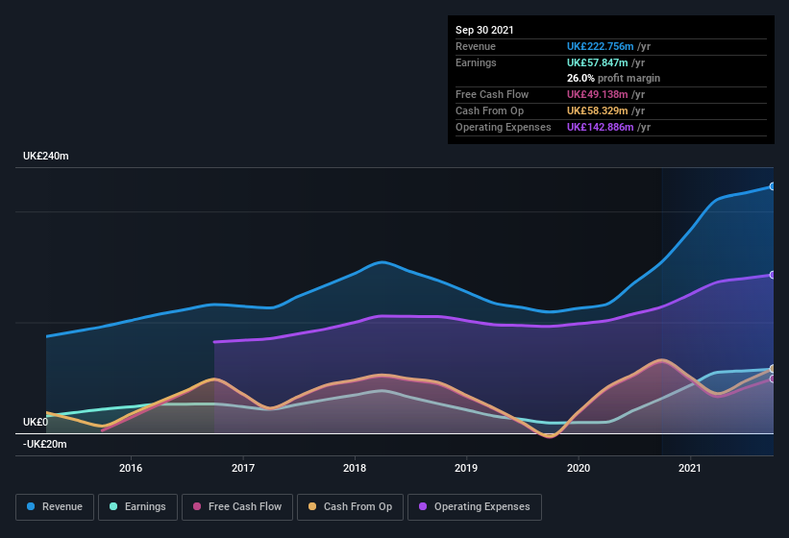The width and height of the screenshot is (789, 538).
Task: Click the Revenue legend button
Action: click(55, 506)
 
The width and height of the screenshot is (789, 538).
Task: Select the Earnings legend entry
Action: click(137, 506)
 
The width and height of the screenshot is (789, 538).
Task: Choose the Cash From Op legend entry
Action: click(350, 506)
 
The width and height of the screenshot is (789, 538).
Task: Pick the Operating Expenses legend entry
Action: click(475, 506)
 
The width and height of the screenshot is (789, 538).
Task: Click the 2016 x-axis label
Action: click(131, 468)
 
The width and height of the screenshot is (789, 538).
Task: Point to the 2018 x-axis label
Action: click(355, 468)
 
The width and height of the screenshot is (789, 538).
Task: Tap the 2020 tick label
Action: click(579, 468)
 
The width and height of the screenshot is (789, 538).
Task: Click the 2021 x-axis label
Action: click(690, 468)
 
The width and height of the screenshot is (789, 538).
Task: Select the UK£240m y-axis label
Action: click(46, 156)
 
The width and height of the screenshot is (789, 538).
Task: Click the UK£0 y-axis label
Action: click(36, 422)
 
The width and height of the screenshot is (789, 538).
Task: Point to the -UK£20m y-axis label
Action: click(45, 444)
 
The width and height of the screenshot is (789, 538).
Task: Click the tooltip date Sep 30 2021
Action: click(484, 30)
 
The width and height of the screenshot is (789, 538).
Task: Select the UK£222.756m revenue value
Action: click(602, 46)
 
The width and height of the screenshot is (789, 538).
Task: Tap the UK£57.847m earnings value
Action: click(599, 62)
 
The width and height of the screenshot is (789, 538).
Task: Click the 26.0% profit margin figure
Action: click(580, 78)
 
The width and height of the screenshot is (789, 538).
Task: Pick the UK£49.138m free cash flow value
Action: click(599, 94)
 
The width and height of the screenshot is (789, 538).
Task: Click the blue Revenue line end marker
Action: click(773, 186)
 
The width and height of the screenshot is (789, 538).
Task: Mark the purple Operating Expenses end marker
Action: click(773, 275)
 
